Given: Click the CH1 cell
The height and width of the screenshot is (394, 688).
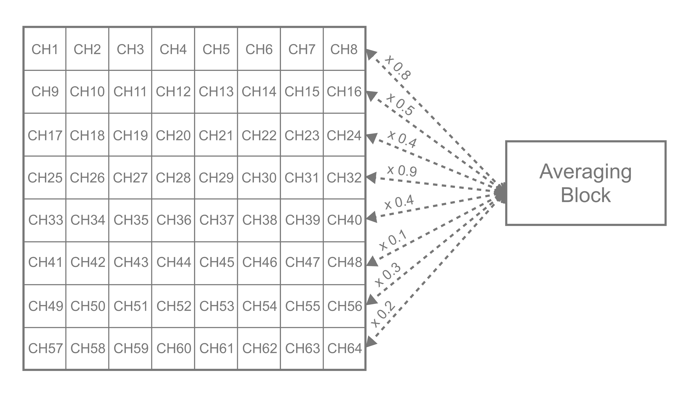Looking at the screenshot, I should [x=45, y=49].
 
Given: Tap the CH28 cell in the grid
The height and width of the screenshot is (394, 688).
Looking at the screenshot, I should [x=173, y=178].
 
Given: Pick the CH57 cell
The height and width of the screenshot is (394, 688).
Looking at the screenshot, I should [x=45, y=348].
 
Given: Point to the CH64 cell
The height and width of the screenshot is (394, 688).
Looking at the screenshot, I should [x=344, y=348].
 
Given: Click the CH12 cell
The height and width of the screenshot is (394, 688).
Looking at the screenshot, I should [x=173, y=91].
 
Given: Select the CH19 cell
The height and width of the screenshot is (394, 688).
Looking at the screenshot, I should [x=130, y=135].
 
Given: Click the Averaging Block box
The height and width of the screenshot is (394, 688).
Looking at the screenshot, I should [x=586, y=183].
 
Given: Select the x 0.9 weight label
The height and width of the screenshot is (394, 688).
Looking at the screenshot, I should [x=402, y=170].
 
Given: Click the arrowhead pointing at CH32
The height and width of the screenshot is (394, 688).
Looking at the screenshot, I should [x=371, y=178].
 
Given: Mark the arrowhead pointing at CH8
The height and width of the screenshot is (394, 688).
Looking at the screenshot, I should [x=371, y=54].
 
